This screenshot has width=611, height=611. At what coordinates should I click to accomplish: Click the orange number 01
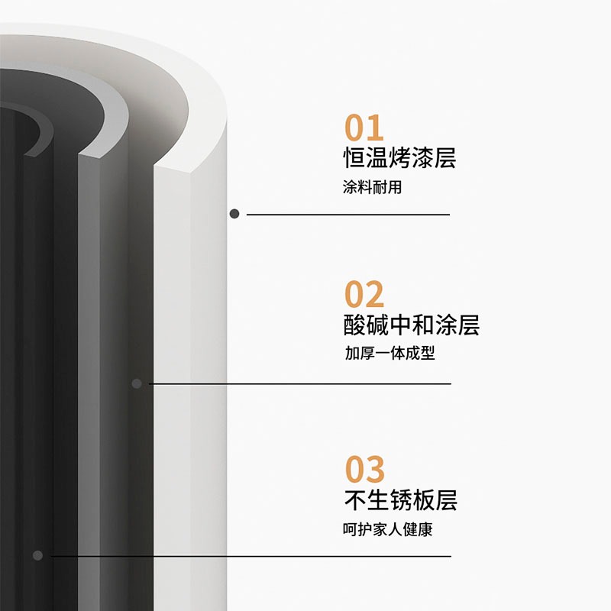(x=364, y=128)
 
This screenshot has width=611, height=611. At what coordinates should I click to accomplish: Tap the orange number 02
(x=364, y=294)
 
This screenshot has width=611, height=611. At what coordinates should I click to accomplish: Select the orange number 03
(x=365, y=469)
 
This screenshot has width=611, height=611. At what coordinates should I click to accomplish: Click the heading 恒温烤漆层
(x=399, y=158)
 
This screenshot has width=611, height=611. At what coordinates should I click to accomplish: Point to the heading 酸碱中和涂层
(x=411, y=325)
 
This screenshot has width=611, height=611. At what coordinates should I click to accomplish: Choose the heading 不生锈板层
(x=400, y=500)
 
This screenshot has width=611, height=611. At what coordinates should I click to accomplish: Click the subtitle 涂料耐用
(x=372, y=187)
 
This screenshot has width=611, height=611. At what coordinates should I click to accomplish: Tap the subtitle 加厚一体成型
(x=390, y=353)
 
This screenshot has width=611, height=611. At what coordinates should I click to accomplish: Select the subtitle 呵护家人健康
(x=388, y=529)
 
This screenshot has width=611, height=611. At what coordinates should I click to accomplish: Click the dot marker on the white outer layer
(x=234, y=214)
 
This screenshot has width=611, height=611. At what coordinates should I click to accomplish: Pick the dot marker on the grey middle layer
(x=137, y=383)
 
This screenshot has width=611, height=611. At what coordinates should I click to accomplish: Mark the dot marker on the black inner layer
(x=37, y=555)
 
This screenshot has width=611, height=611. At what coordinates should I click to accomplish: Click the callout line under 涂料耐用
(x=348, y=215)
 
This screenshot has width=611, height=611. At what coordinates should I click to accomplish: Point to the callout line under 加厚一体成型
(x=300, y=384)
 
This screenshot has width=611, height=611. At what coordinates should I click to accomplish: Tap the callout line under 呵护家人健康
(x=251, y=557)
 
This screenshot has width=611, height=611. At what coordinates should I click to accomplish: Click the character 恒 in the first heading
(x=354, y=158)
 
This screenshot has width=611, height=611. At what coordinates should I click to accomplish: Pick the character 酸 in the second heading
(x=354, y=325)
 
